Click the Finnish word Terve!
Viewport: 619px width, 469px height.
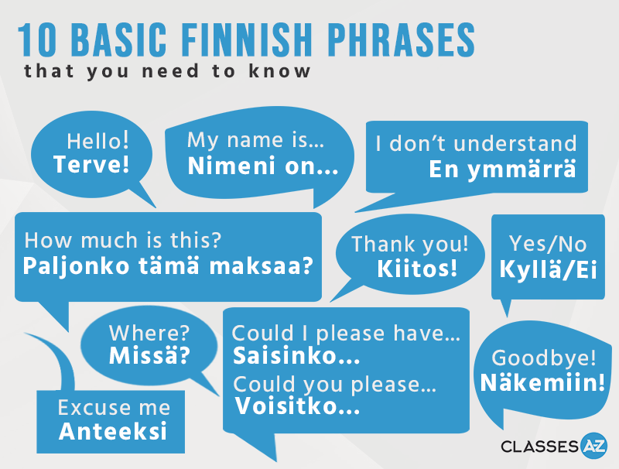point(91,165)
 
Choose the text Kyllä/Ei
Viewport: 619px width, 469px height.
point(548,269)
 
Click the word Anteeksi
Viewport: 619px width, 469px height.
point(113,431)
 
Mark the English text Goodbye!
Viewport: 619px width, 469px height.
point(544,358)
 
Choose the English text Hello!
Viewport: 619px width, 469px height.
point(97,141)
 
